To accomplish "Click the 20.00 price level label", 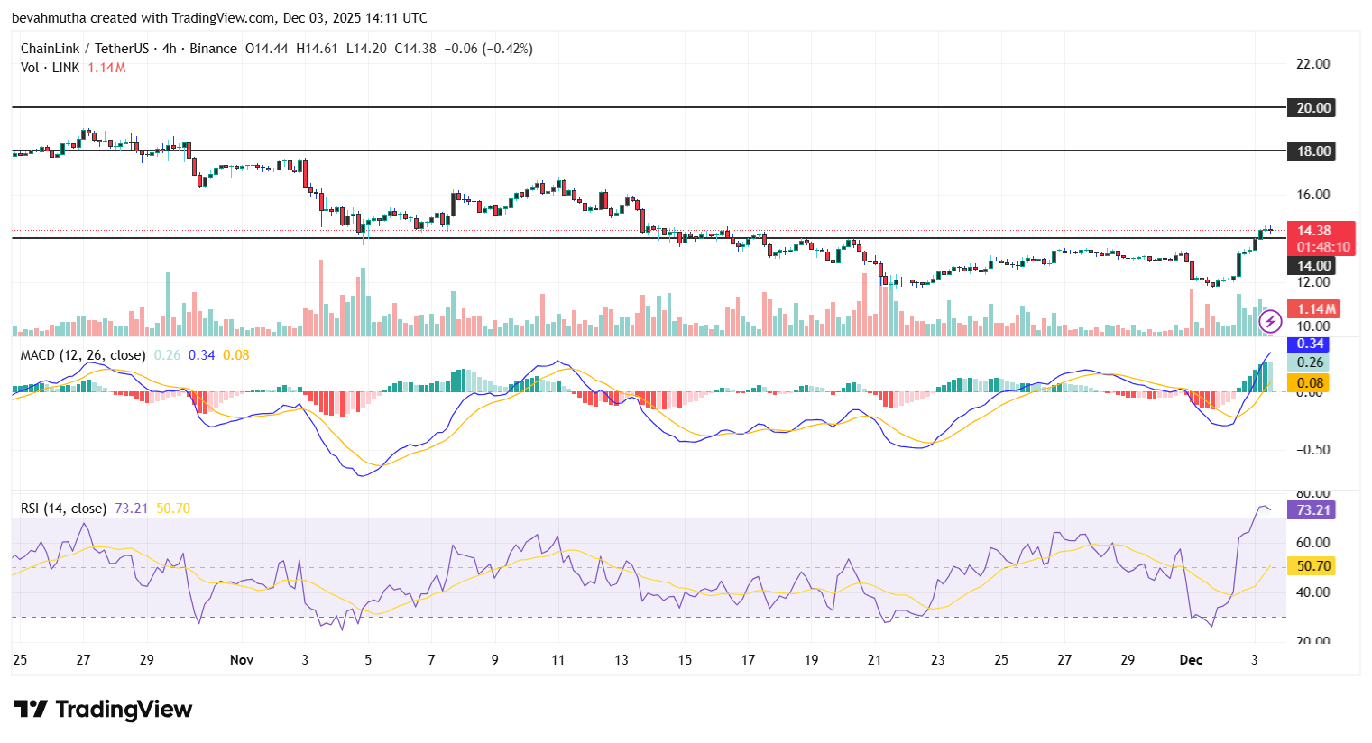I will [x=1313, y=108].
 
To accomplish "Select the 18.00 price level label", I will [x=1313, y=151].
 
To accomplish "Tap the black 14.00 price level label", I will [x=1313, y=265].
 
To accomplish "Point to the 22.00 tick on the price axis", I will [x=1312, y=64].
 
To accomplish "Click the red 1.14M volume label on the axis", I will [x=1316, y=309].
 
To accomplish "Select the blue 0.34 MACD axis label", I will [x=1310, y=344].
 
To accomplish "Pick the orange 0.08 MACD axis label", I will [x=1310, y=383].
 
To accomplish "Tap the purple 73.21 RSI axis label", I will [x=1312, y=510].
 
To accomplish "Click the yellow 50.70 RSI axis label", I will [x=1312, y=566].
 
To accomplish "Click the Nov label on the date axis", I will [x=242, y=660].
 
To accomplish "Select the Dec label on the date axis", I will [x=1191, y=660].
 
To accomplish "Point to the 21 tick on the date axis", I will [x=874, y=660].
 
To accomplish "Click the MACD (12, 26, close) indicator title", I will [x=83, y=355].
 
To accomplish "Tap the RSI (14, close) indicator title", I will [x=63, y=509].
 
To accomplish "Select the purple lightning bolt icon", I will [x=1270, y=321].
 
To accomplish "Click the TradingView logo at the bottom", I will [x=103, y=710].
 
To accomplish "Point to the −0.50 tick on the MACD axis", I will [x=1312, y=450].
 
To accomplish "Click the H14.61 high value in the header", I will [x=317, y=49].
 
